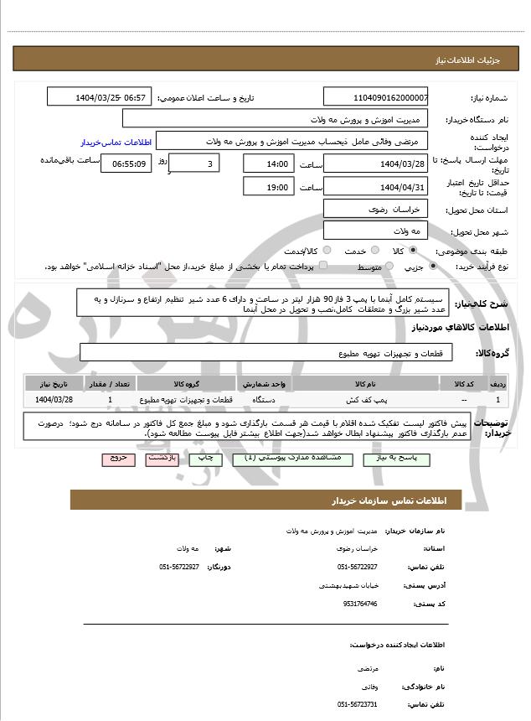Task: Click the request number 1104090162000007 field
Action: coord(375,98)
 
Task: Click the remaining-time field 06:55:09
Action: coord(126,163)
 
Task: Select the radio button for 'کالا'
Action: coord(413,251)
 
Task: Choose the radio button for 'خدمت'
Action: coord(374,251)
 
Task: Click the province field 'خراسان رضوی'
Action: coord(375,209)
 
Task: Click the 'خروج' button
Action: coord(117,459)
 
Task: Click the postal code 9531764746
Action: coord(361,604)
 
